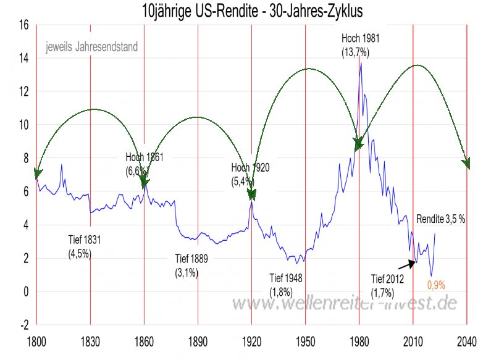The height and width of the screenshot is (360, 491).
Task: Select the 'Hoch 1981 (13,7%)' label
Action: [360, 45]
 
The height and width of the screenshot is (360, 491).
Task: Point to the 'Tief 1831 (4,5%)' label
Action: [84, 245]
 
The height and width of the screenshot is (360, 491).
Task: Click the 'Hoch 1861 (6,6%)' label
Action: [144, 163]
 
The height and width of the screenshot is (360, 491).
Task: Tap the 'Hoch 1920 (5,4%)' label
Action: [250, 174]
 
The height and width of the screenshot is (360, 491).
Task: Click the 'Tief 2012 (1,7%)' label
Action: [387, 284]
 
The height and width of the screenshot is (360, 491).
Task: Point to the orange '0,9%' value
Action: [436, 285]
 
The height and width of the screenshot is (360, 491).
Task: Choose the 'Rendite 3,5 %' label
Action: [440, 219]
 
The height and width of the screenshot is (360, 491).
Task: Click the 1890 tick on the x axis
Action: [198, 340]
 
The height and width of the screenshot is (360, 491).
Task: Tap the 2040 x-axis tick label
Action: [466, 340]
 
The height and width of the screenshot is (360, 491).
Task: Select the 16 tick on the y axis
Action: [24, 25]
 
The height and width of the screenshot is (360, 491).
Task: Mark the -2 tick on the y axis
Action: [24, 324]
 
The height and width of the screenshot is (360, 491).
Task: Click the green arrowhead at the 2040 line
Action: [466, 163]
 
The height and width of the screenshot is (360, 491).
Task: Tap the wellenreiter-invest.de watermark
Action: [345, 303]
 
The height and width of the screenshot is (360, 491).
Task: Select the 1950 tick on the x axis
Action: [305, 340]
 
